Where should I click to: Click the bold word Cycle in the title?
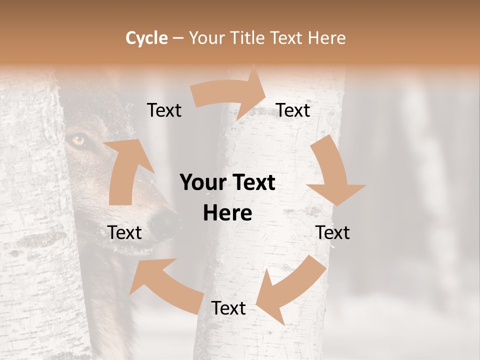click(146, 38)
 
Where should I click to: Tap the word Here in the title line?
click(326, 38)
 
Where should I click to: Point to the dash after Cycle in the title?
click(178, 38)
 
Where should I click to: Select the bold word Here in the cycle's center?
click(227, 213)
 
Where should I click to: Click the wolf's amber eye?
click(78, 140)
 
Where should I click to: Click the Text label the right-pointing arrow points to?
click(293, 110)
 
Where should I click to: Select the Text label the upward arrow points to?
click(164, 110)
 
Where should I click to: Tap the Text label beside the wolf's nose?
click(124, 232)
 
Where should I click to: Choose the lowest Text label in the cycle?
click(228, 308)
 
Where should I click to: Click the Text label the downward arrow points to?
click(332, 232)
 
